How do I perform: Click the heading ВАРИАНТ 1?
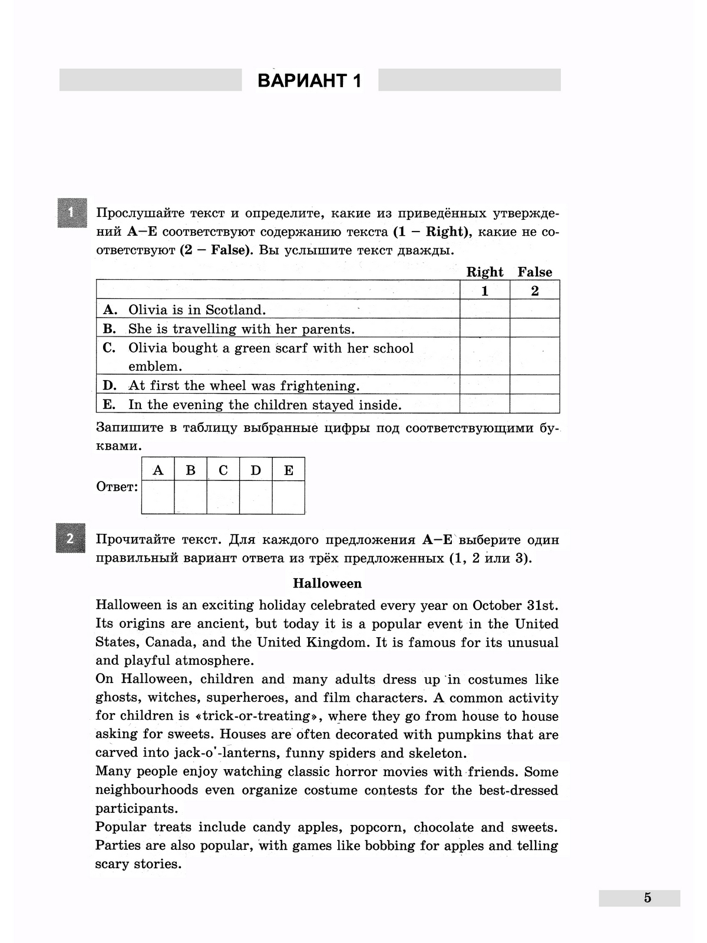point(310,81)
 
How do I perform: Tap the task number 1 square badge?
point(72,213)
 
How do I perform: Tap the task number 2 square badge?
point(70,538)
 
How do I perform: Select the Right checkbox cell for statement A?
point(484,309)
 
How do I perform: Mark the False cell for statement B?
point(534,328)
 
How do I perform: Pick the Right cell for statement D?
point(484,385)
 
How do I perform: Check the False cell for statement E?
point(534,404)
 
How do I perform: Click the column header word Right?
point(484,272)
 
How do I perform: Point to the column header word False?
point(534,272)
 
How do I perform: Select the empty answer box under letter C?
point(223,497)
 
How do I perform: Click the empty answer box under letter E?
point(288,497)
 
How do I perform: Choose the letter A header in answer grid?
point(158,470)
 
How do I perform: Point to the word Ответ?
point(117,487)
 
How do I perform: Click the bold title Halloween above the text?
point(327,583)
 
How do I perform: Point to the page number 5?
point(647,898)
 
